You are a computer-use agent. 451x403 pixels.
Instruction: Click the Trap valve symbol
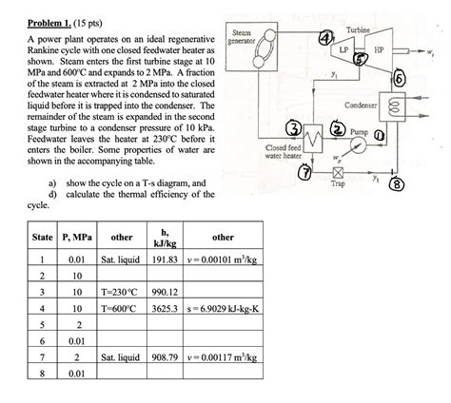338,174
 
